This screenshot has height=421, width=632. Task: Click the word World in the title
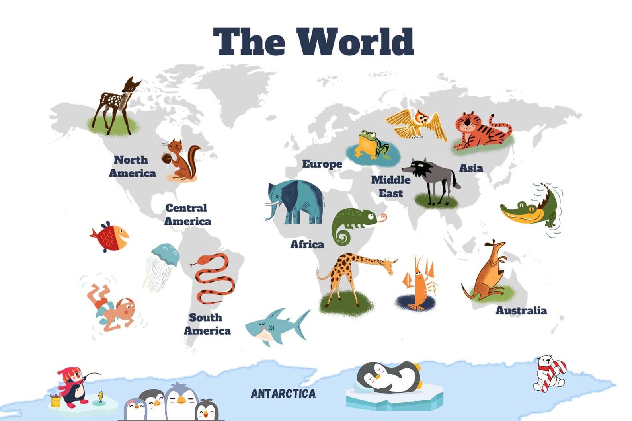[355, 41]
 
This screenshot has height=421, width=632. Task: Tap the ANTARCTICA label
[283, 394]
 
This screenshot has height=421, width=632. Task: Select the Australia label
[521, 310]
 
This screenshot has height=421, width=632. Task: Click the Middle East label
[390, 187]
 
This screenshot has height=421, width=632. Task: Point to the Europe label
[322, 164]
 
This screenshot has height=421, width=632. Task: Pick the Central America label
[187, 214]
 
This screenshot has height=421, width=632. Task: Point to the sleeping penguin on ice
[390, 378]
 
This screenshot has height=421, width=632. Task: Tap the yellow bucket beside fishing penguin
[55, 401]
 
